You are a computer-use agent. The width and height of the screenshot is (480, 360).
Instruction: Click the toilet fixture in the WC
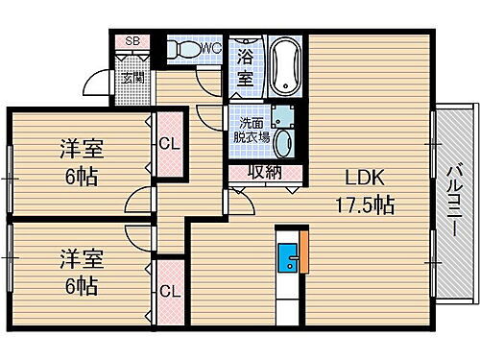[182, 48]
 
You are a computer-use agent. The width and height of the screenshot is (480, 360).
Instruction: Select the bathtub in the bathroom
[284, 63]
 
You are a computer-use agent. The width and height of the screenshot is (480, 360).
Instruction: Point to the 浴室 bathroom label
[246, 69]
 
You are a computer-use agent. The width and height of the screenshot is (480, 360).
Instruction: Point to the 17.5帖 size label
[366, 204]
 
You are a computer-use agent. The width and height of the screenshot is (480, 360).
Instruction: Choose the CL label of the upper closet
[168, 146]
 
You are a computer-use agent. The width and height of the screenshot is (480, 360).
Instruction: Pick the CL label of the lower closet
[168, 291]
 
